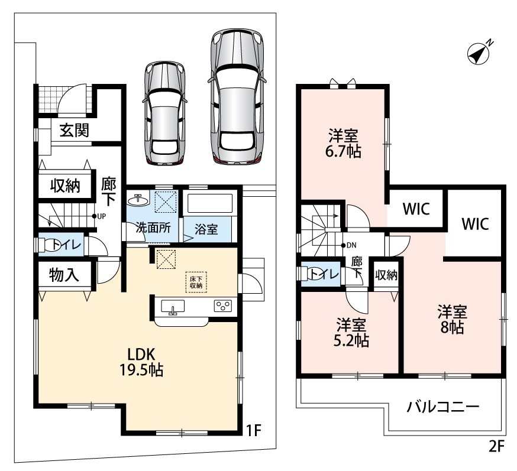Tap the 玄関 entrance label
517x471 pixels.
[75, 131]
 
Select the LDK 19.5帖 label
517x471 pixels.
[141, 362]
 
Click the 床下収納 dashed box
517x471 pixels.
[196, 282]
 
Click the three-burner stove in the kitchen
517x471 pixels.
[223, 306]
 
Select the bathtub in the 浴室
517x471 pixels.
[210, 203]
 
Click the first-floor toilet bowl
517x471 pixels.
[50, 245]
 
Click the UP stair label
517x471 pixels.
[99, 216]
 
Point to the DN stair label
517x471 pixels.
[349, 245]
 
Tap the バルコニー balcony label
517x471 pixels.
[442, 407]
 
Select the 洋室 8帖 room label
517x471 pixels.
[452, 320]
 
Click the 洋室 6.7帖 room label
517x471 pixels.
[343, 144]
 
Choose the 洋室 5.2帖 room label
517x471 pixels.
[351, 333]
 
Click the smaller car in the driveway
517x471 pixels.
[164, 113]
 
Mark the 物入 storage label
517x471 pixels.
[64, 275]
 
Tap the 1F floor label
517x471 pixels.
[254, 430]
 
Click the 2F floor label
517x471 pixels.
[497, 447]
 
